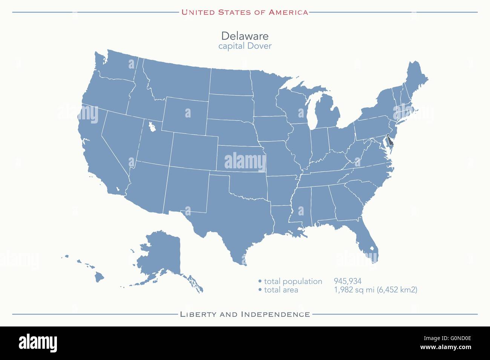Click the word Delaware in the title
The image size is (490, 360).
coord(245,36)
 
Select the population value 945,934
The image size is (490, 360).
coord(347,281)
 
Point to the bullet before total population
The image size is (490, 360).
coord(260,281)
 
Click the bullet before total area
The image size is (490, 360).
coord(260,290)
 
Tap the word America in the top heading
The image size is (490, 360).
coord(288,12)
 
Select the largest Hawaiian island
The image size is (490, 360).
coord(99,278)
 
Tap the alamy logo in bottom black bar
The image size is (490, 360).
coord(38,343)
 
